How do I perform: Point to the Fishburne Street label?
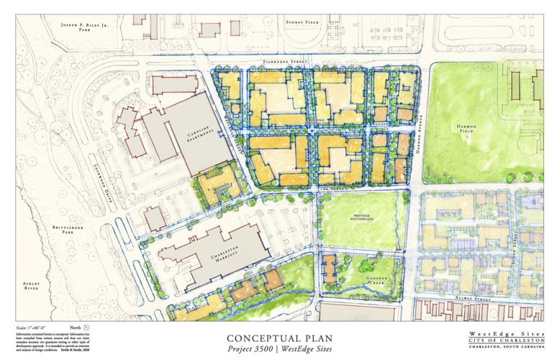(x=285, y=63)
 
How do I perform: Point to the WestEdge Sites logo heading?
(x=503, y=334)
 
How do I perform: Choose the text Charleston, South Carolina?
(x=503, y=350)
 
